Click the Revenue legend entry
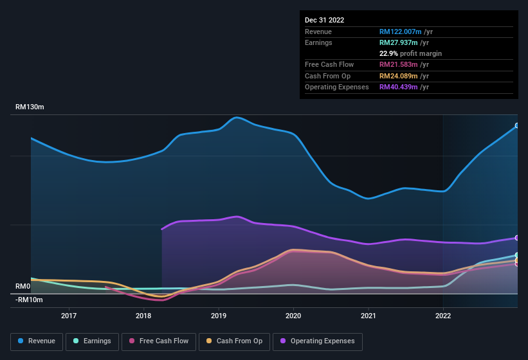pyautogui.click(x=37, y=341)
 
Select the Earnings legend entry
pyautogui.click(x=93, y=341)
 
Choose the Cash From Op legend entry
pyautogui.click(x=234, y=341)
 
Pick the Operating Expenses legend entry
pyautogui.click(x=318, y=341)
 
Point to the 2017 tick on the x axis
pyautogui.click(x=69, y=316)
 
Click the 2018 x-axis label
pyautogui.click(x=143, y=316)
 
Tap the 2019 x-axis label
pyautogui.click(x=219, y=316)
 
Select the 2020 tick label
pyautogui.click(x=293, y=316)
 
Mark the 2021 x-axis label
pyautogui.click(x=369, y=316)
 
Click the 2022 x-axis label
pyautogui.click(x=443, y=316)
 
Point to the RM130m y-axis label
pyautogui.click(x=30, y=107)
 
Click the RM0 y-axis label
pyautogui.click(x=23, y=286)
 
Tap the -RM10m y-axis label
pyautogui.click(x=29, y=300)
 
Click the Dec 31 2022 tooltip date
pyautogui.click(x=324, y=20)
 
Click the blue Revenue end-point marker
pyautogui.click(x=517, y=125)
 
